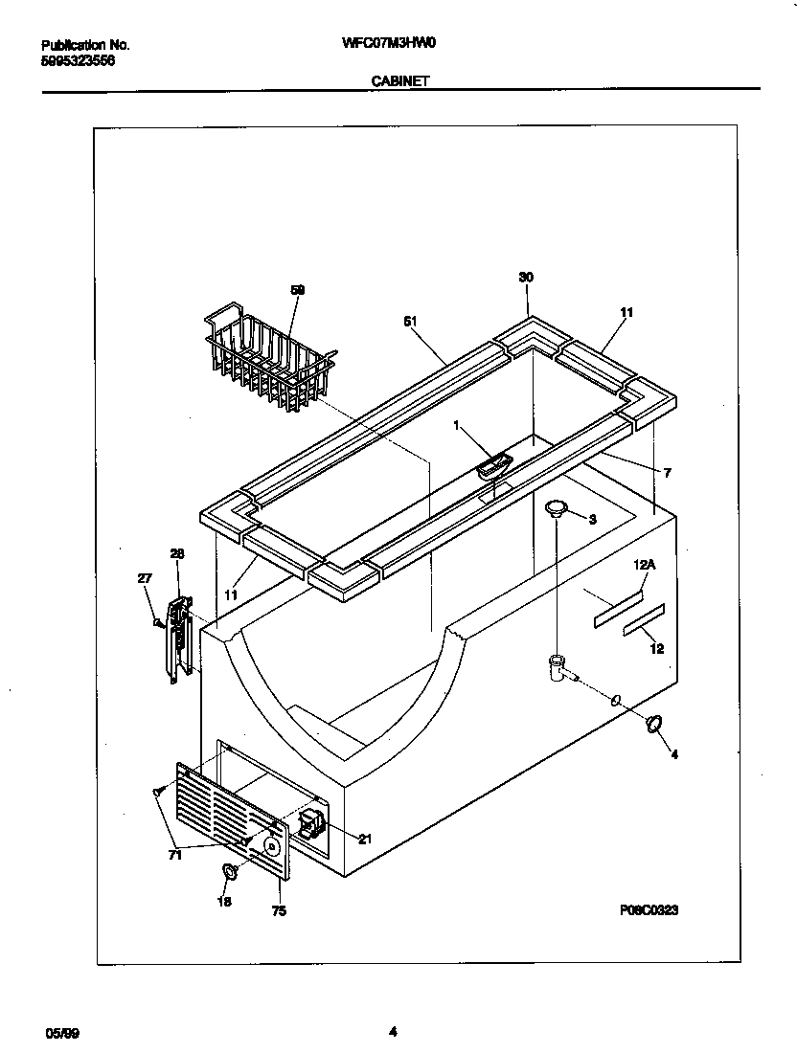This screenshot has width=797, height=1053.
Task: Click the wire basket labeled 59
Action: click(x=268, y=359)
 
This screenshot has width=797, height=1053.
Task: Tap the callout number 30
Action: click(x=526, y=278)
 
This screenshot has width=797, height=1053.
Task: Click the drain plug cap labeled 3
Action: click(x=555, y=508)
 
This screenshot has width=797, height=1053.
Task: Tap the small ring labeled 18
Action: click(x=230, y=871)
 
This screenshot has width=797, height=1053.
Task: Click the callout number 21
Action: click(x=364, y=840)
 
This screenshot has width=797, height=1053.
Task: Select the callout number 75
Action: click(x=279, y=911)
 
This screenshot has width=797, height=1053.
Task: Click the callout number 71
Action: click(x=174, y=856)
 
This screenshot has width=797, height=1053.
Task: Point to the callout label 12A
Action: click(x=644, y=566)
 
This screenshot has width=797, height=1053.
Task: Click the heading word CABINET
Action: click(x=398, y=82)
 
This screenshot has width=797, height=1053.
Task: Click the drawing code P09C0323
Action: click(x=649, y=910)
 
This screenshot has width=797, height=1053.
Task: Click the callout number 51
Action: click(x=410, y=323)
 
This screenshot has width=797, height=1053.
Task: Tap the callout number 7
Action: click(x=667, y=473)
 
